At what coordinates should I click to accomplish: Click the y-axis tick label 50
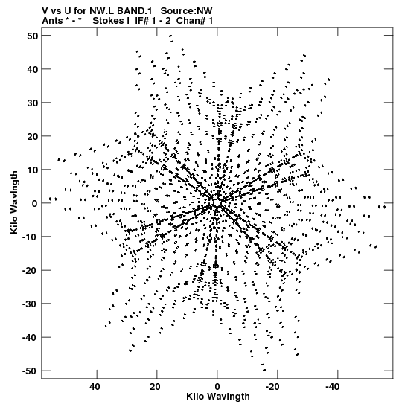coord(33,36)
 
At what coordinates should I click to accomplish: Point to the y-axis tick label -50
coord(31,371)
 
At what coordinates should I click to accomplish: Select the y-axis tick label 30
coord(33,103)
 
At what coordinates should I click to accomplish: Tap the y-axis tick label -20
coord(31,271)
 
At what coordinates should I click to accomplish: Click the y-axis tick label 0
coord(35,204)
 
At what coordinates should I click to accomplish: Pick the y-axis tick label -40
coord(31,338)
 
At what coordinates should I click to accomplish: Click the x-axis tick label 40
coord(95,387)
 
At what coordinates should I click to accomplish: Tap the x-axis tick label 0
coord(217,387)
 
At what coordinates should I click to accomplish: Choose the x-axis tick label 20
coord(155,387)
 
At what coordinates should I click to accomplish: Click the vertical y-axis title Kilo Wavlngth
coord(15,202)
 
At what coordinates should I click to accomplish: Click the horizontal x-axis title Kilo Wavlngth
coord(218,397)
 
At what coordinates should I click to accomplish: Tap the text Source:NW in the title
coord(186,11)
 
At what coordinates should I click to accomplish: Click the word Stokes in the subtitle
coord(108,21)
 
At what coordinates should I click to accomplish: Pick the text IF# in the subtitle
coord(142,21)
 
